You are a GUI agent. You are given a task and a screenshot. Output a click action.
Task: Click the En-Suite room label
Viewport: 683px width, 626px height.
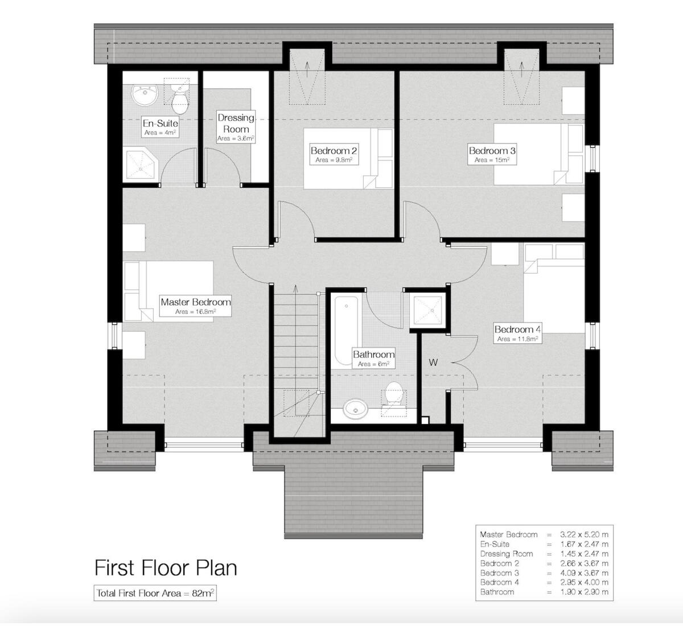[160, 123]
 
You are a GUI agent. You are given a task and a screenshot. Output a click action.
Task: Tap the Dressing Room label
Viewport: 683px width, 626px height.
[236, 123]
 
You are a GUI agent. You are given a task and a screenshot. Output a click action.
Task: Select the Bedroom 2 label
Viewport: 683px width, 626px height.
[334, 151]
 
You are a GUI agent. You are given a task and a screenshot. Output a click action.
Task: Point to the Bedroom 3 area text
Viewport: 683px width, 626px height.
[492, 160]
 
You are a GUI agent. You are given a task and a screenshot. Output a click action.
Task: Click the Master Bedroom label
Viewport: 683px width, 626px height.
[195, 302]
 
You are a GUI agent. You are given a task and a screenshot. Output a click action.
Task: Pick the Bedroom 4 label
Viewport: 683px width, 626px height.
[517, 330]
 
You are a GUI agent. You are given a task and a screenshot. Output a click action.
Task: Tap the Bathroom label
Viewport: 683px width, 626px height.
[373, 355]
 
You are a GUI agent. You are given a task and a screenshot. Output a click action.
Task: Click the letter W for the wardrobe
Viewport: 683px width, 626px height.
[433, 363]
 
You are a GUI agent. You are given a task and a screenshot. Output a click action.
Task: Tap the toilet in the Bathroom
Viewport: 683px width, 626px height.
[393, 394]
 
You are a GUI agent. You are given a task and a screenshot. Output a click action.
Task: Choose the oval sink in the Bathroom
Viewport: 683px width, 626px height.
[356, 409]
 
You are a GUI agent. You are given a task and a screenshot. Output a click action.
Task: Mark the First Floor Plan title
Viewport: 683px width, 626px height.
[165, 567]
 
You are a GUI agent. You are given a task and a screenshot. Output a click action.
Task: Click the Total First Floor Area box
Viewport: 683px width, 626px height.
[155, 593]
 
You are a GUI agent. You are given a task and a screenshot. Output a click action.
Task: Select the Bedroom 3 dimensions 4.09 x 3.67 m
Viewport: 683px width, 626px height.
[584, 573]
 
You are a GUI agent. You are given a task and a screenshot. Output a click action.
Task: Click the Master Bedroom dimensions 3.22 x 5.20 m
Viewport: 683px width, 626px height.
[584, 534]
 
